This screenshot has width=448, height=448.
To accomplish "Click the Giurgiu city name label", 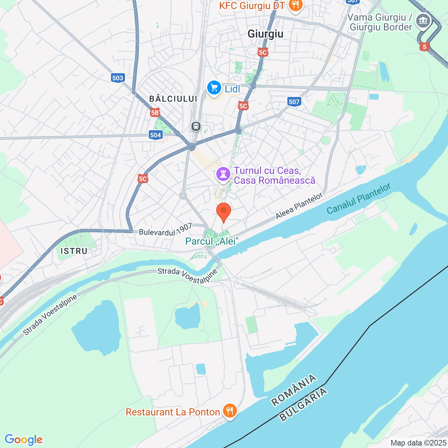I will [x=265, y=34].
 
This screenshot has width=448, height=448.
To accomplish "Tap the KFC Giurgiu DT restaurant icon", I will [x=296, y=6].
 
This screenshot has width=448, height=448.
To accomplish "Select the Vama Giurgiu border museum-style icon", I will [x=423, y=21].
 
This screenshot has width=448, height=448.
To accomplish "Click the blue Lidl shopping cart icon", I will [x=214, y=88].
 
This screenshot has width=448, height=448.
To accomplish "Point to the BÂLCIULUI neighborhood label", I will [x=173, y=99].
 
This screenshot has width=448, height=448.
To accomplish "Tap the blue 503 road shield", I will [x=118, y=78].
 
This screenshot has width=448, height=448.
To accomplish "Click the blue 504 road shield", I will [x=155, y=135].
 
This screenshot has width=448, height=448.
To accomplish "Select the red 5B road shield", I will [x=155, y=113].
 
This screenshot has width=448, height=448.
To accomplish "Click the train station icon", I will [x=196, y=126].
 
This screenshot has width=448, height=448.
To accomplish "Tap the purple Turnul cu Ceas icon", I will [x=223, y=174].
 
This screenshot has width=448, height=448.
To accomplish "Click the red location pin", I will [x=223, y=211].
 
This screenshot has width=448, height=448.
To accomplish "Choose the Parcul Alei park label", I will [x=212, y=241].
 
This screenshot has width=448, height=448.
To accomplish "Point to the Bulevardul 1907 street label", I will [x=166, y=230].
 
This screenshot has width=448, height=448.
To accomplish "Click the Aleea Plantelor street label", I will [x=299, y=206].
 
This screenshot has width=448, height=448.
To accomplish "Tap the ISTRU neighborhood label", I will [x=74, y=251].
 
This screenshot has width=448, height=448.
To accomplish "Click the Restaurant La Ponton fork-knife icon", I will [x=230, y=411].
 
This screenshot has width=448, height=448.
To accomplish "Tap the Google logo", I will [x=24, y=440].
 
